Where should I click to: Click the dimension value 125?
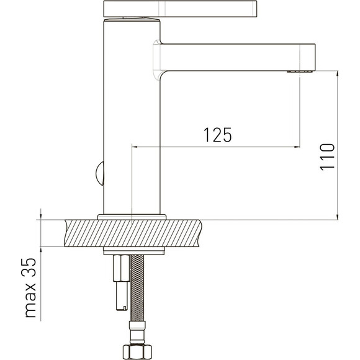point(218,135)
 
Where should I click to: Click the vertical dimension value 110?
point(327,157)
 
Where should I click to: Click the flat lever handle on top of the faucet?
point(180,9)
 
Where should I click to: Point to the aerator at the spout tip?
point(300,71)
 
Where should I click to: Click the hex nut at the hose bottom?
point(137,352)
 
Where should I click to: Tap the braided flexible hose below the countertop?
point(137,288)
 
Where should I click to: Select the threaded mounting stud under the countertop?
point(121,282)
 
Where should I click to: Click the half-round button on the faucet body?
point(100,174)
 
